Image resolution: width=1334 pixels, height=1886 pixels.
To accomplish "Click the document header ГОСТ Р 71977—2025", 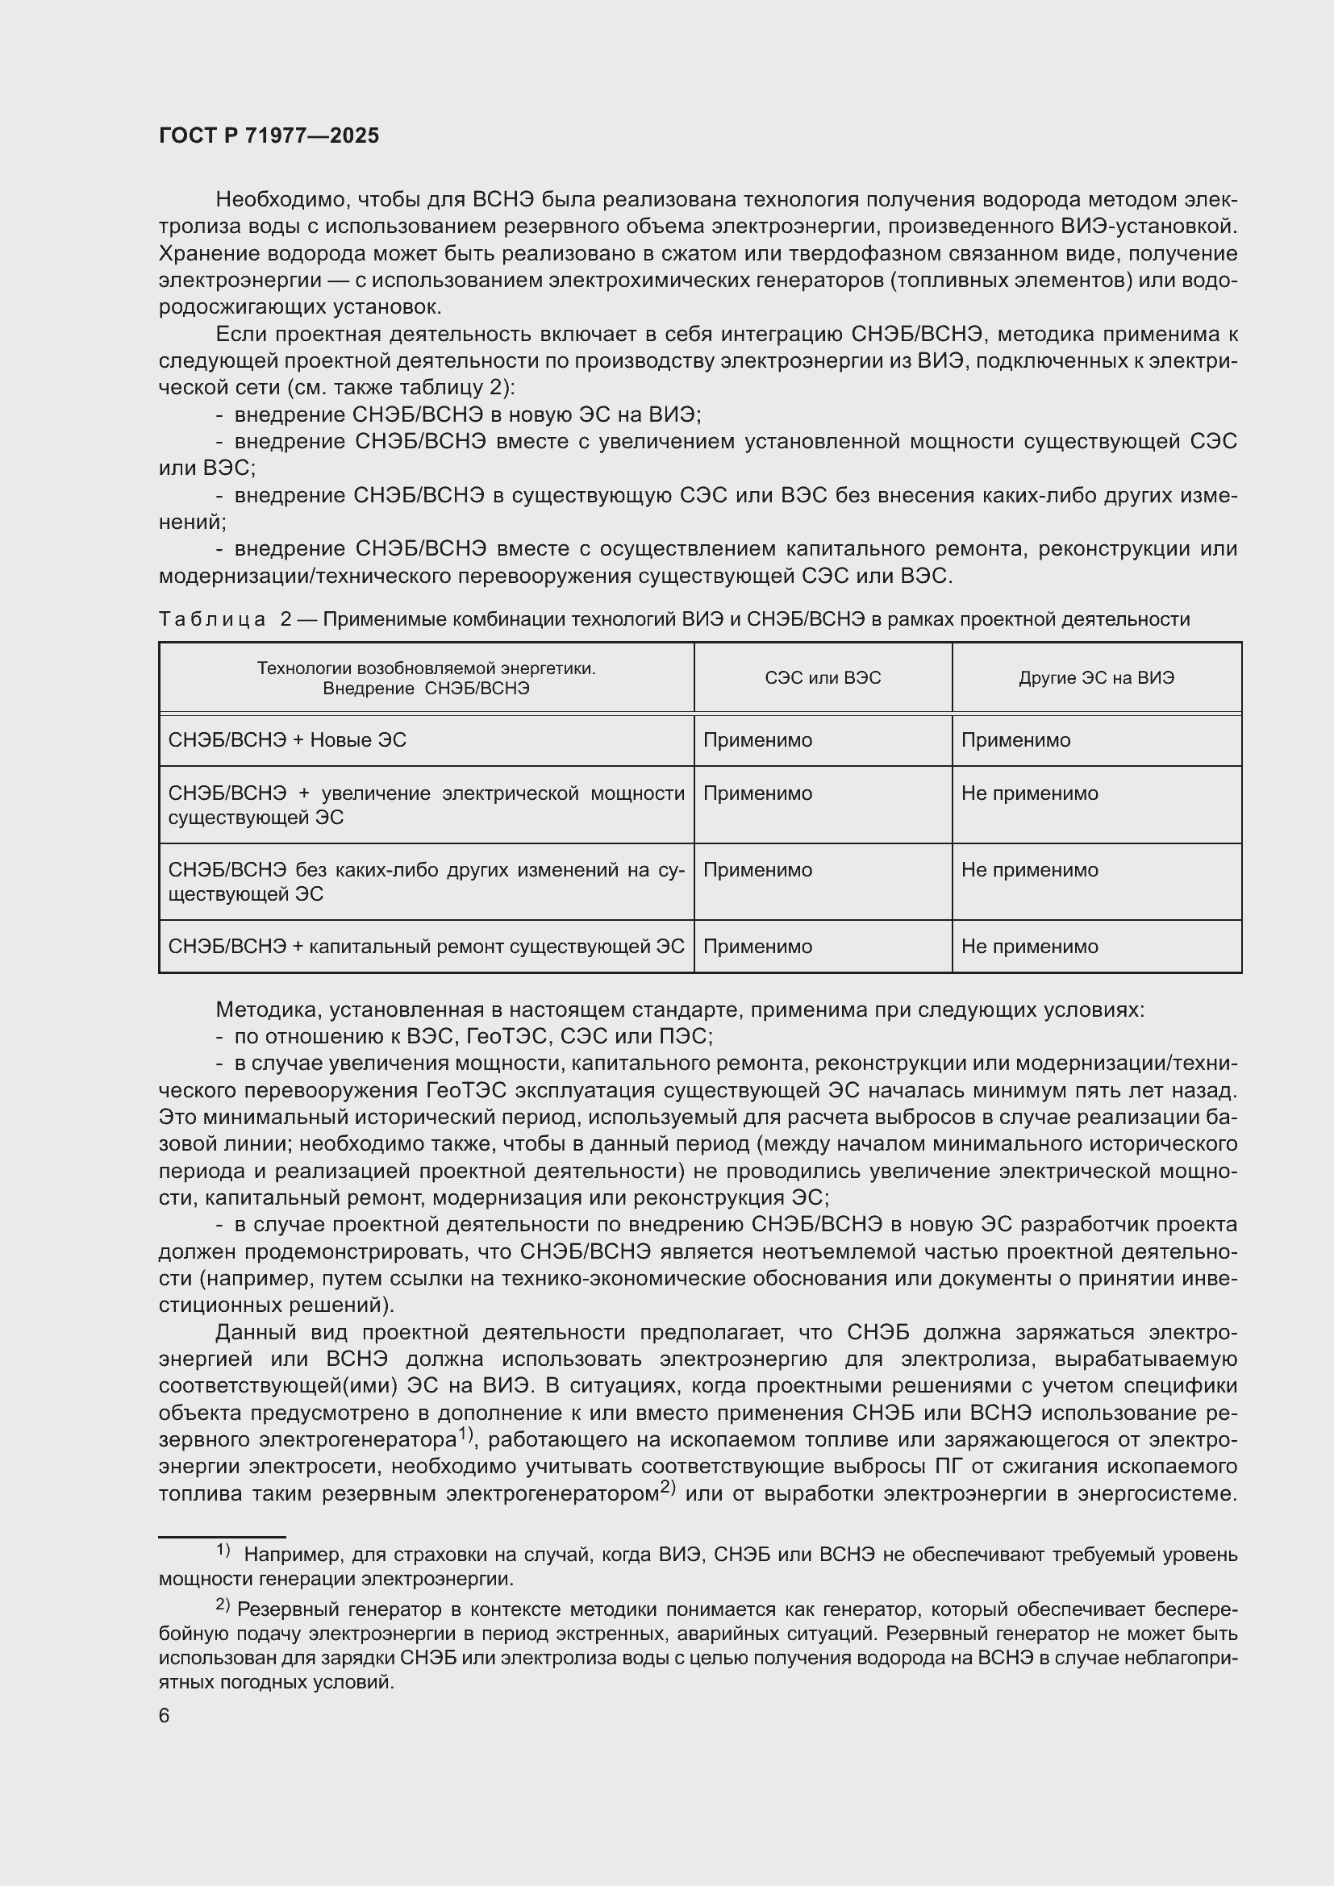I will (x=269, y=135).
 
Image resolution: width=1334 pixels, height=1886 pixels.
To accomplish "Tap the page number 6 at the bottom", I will (x=165, y=1715).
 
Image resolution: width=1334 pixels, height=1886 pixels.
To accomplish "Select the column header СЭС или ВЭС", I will (x=822, y=677).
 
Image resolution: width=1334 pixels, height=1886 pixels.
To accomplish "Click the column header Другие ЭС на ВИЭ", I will (x=1096, y=677).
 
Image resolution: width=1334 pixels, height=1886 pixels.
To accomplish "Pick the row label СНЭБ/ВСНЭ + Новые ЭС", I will (x=286, y=740).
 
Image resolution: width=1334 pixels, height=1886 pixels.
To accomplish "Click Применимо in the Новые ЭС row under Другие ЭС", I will (x=1015, y=740).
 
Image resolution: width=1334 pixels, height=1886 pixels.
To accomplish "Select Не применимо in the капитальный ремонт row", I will (x=1029, y=947).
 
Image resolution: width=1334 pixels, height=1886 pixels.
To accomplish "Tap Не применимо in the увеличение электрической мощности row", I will (x=1029, y=793).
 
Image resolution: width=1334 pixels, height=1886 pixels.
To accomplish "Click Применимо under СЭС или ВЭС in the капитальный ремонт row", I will (x=757, y=947).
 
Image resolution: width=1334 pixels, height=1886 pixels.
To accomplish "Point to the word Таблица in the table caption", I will (x=212, y=619).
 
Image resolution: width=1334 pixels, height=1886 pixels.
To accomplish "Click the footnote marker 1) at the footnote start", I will (x=223, y=1550).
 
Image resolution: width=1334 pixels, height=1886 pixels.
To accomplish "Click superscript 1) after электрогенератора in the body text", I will (x=465, y=1434).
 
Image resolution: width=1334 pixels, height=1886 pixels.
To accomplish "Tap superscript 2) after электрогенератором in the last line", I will (x=667, y=1488).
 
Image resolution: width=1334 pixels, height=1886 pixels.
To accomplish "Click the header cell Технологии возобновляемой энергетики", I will (x=426, y=677).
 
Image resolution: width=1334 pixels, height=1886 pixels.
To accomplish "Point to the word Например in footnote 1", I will (x=293, y=1555).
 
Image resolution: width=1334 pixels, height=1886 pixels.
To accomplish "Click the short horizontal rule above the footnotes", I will (x=222, y=1536).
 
